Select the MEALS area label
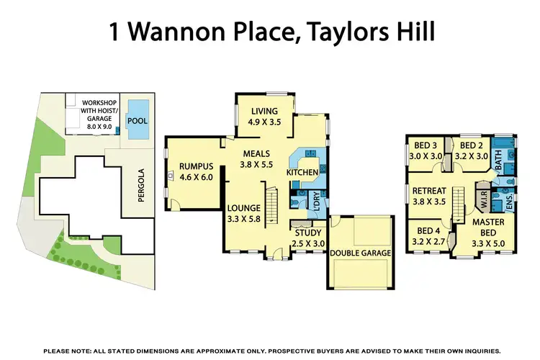256,153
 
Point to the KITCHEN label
302,173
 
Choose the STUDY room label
308,233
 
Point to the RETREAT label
431,191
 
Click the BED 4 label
431,232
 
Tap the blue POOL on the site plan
138,120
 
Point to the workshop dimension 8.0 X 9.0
100,125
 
